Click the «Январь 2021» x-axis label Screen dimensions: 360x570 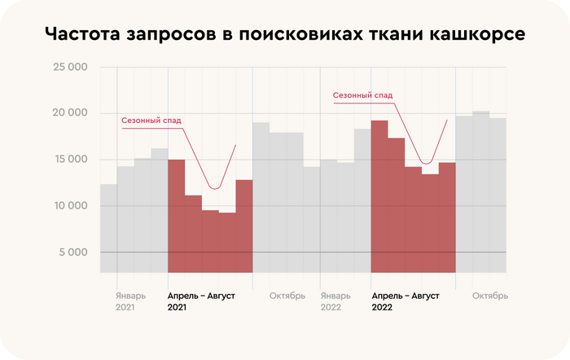click(130, 301)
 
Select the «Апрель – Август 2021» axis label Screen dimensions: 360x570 click(201, 301)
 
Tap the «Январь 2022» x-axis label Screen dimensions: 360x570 click(335, 301)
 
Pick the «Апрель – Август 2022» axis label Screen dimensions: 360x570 click(405, 301)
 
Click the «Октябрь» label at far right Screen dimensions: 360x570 click(490, 296)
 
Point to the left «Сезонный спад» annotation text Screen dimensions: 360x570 click(151, 121)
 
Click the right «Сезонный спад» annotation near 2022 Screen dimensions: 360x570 click(362, 95)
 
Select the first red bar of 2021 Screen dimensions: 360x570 click(176, 216)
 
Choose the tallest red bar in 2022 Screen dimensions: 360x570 click(379, 196)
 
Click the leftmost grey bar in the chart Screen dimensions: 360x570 click(108, 228)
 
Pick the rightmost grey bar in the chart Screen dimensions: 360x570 click(498, 195)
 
